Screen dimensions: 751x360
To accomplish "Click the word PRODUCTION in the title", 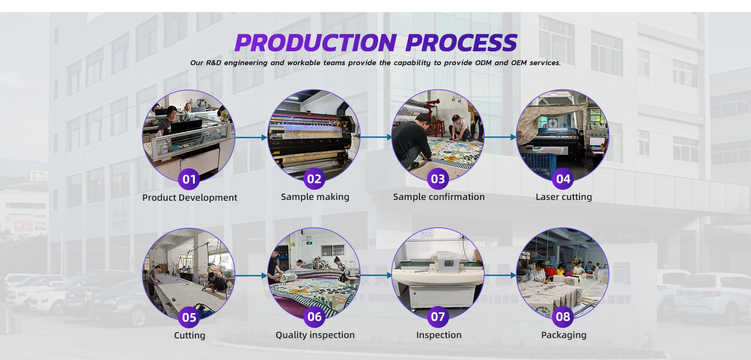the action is [x=316, y=43].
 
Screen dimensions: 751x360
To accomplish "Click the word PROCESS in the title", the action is [x=462, y=43].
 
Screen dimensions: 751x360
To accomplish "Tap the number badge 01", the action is [x=189, y=179].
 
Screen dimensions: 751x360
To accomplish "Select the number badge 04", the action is [x=563, y=179].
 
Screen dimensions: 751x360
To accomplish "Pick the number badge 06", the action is [x=314, y=317].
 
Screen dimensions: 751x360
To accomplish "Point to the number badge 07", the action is [x=438, y=317].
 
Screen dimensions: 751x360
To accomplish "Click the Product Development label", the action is [x=190, y=198].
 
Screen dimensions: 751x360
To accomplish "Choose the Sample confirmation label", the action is [x=438, y=197].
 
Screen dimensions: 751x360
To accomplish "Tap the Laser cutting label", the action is [x=564, y=197].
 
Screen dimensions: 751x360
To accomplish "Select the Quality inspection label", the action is [x=315, y=335].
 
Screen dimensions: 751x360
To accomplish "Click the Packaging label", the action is [x=564, y=335].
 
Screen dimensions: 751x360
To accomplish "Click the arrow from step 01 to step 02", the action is [x=251, y=137].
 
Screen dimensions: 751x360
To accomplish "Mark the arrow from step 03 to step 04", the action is [x=500, y=137].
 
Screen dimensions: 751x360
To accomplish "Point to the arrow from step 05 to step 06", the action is [x=251, y=275].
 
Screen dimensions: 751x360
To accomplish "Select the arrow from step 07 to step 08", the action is [x=500, y=275].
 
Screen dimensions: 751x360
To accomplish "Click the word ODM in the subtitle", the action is [x=483, y=63].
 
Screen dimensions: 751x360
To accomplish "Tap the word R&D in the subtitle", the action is [x=213, y=63].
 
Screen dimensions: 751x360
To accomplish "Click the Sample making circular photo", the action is [x=314, y=133].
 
